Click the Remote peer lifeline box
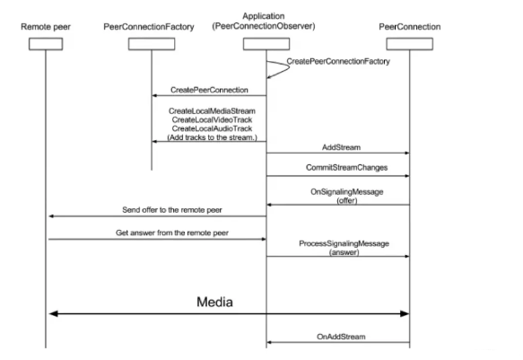tap(46, 44)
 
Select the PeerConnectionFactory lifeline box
tap(152, 44)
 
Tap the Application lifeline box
tap(266, 44)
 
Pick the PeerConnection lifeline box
tap(410, 44)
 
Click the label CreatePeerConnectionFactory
tap(338, 61)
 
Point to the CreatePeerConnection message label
tap(209, 90)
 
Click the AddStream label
tap(341, 147)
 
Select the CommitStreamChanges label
tap(346, 167)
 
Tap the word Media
tap(214, 302)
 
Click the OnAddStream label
tap(341, 337)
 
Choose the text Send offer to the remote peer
tap(171, 210)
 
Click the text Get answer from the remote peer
tap(171, 233)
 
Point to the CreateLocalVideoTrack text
tap(212, 119)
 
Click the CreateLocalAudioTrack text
tap(212, 128)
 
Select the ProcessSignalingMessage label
tap(344, 243)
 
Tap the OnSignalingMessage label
tap(347, 192)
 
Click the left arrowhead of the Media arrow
tap(53, 313)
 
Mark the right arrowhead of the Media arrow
tap(405, 313)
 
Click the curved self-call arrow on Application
tap(289, 67)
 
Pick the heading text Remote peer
tap(46, 27)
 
